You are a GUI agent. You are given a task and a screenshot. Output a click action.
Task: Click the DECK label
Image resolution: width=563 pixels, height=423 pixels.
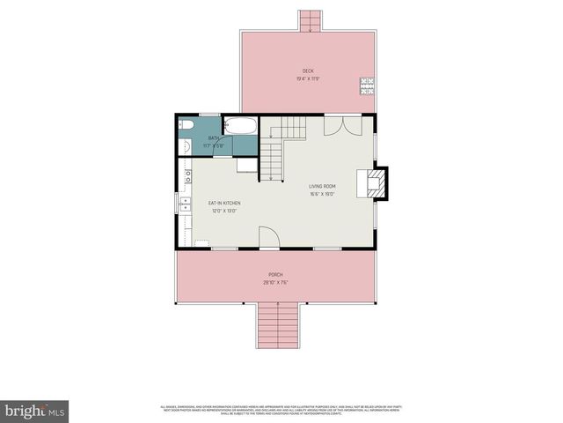(x=308, y=70)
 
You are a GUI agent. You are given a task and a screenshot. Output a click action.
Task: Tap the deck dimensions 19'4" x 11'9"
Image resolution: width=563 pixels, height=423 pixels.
(x=308, y=79)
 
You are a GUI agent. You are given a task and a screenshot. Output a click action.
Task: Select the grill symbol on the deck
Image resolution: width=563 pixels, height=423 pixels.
(x=367, y=86)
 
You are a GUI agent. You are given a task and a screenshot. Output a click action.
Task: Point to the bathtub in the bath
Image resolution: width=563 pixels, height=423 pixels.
(x=239, y=125)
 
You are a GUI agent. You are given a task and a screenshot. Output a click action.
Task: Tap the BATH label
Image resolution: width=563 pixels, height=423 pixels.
(x=214, y=138)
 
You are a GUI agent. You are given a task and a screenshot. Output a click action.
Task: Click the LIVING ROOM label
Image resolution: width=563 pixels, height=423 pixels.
(x=323, y=186)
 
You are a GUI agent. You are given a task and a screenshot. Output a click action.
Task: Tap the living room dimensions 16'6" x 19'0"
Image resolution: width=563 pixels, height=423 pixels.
(x=323, y=195)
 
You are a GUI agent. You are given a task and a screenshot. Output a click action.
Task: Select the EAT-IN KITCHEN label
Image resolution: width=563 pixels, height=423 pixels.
(x=224, y=204)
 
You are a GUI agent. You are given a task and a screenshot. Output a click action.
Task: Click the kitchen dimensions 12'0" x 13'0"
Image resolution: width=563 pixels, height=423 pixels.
(x=224, y=211)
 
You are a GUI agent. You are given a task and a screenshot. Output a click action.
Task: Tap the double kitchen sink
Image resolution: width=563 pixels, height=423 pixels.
(x=186, y=205)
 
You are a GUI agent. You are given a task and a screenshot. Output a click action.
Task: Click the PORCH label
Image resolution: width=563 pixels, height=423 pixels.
(x=275, y=274)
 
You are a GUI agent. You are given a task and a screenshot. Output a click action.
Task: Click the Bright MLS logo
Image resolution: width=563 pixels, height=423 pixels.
(x=35, y=410)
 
